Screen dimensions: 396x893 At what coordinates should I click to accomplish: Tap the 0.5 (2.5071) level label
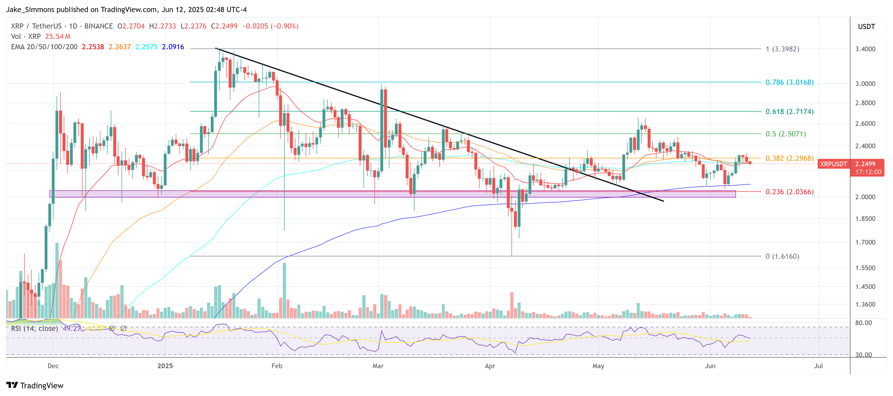[785, 134]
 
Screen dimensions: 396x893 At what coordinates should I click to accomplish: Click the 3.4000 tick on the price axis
[865, 49]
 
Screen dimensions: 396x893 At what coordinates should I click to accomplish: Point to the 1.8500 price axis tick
[865, 218]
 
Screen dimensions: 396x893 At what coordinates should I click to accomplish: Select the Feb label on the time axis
[277, 366]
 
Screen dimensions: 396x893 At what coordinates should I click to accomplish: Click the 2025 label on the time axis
[165, 366]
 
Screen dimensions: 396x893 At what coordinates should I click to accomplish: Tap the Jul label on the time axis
[818, 366]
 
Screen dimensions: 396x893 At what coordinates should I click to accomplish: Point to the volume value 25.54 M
[58, 36]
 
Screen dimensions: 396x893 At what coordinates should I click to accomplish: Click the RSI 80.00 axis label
[863, 323]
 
